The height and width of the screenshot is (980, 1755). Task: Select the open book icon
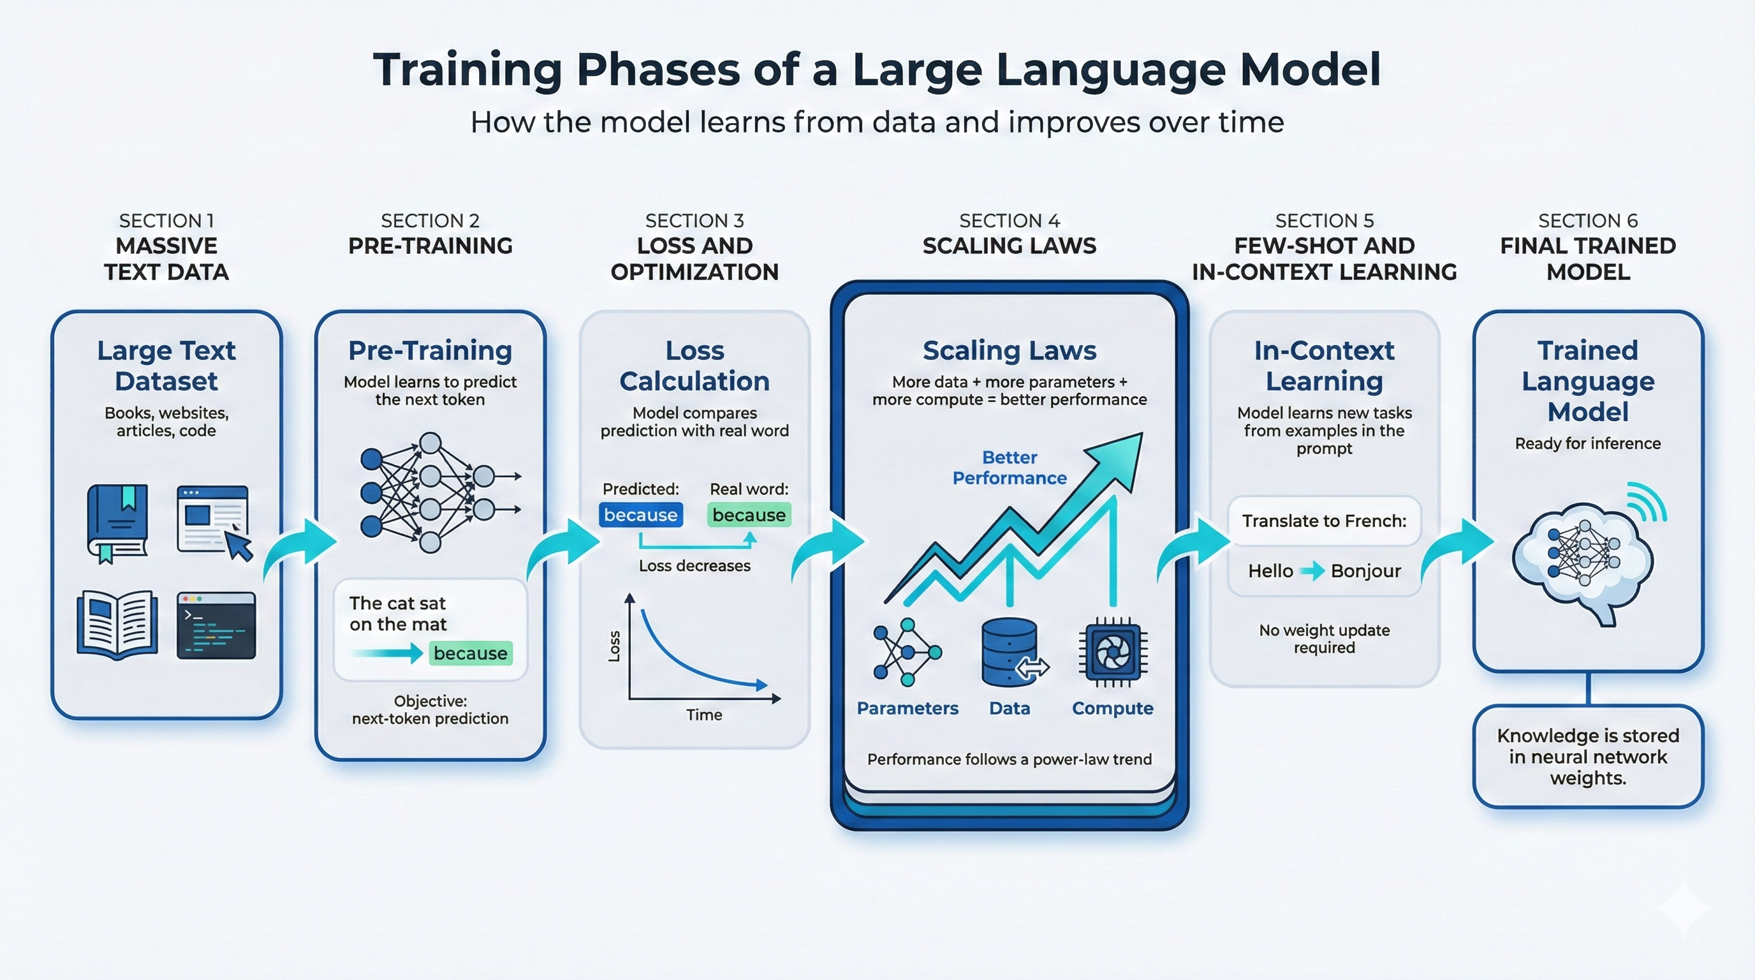click(117, 624)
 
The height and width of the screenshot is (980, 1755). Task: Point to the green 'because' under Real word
click(749, 516)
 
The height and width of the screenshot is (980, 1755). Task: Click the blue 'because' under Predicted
click(640, 516)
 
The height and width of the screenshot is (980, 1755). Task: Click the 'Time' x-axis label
click(704, 715)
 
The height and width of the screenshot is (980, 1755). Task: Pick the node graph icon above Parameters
click(907, 652)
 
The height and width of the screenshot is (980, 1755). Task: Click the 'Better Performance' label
click(1009, 468)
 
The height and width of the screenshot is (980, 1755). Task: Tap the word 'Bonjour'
click(1365, 571)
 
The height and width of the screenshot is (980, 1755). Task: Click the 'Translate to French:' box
click(1324, 521)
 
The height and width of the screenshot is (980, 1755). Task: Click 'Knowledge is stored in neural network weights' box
click(1587, 757)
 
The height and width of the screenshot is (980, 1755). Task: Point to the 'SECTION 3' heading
click(694, 221)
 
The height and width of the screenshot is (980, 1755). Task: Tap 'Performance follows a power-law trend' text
click(1009, 759)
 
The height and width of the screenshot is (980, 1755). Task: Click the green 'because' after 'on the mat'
click(470, 653)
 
